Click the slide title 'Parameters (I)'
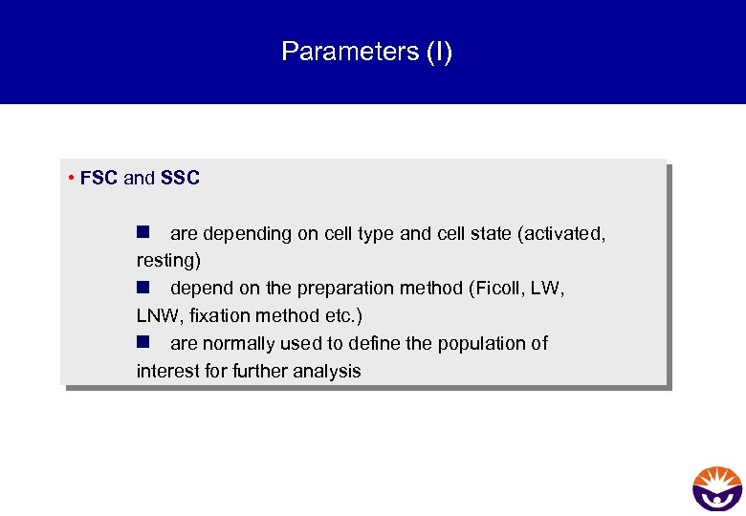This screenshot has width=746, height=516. click(x=367, y=52)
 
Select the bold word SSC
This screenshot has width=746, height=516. click(x=180, y=178)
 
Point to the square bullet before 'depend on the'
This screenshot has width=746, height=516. click(x=143, y=288)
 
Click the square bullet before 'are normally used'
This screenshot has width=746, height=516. click(x=143, y=342)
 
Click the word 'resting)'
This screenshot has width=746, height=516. click(x=168, y=260)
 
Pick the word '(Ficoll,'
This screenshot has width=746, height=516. click(x=494, y=289)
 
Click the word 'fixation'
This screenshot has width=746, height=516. click(x=217, y=315)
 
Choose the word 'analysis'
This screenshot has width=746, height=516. click(x=328, y=371)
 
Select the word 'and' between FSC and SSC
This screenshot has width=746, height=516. click(x=139, y=178)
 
